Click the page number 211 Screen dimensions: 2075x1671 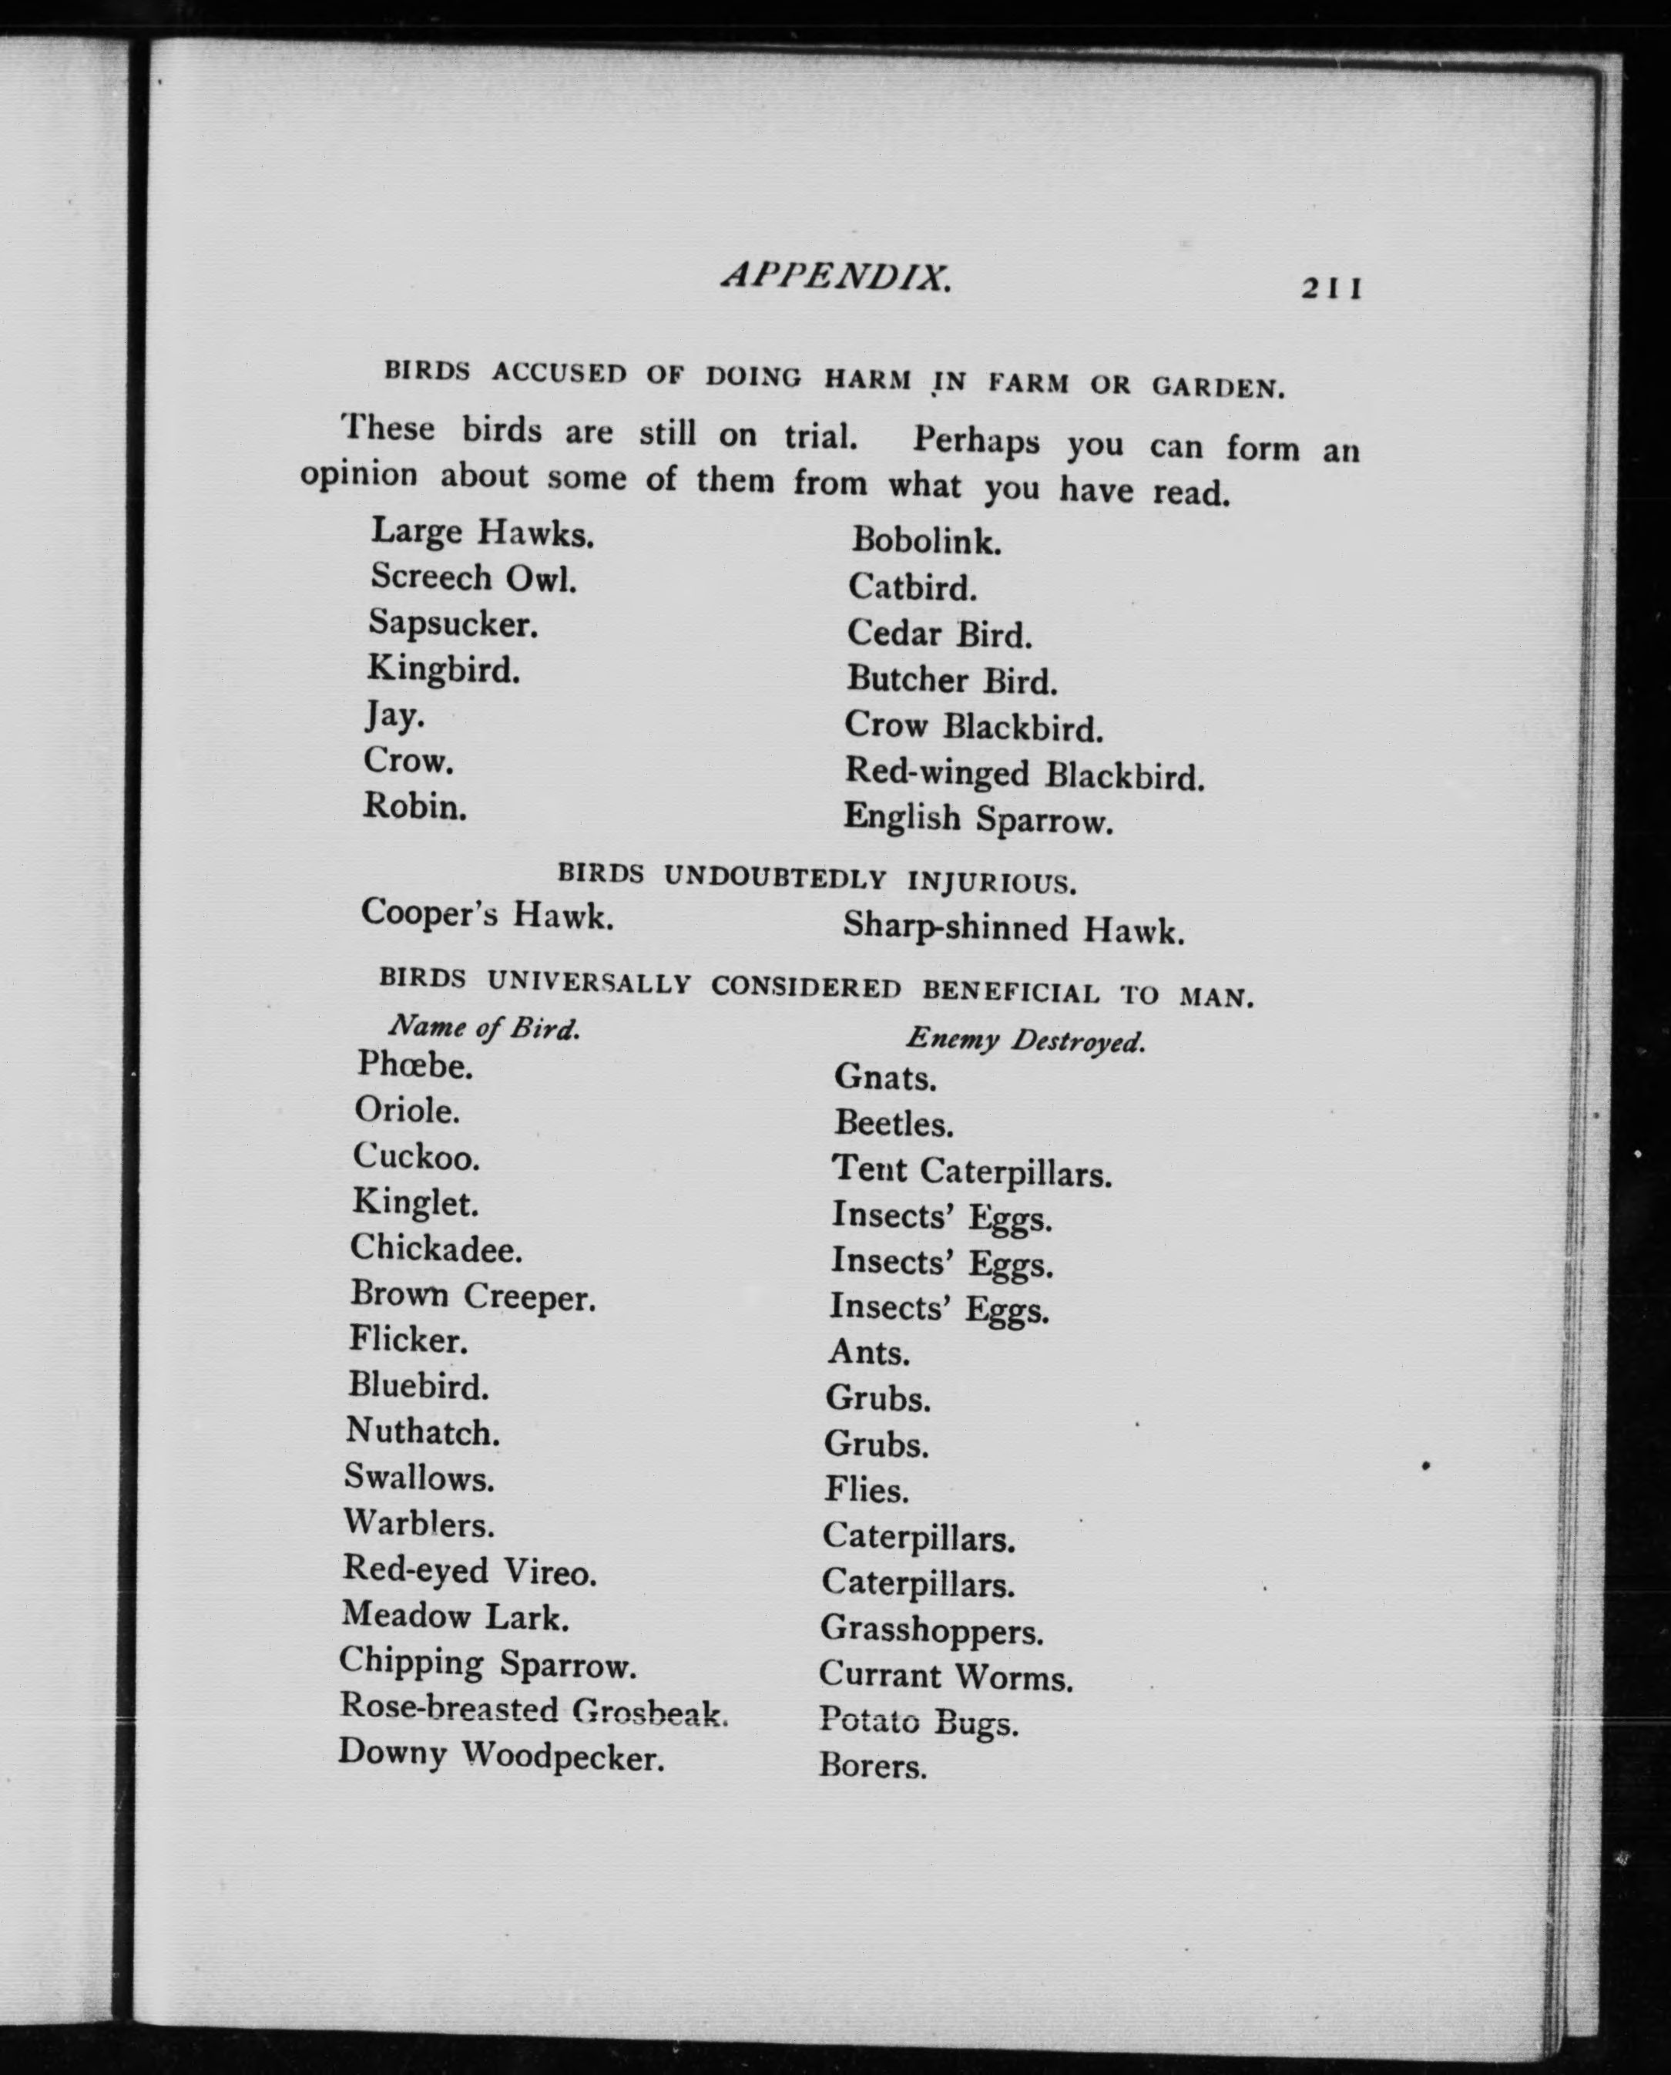coord(1331,288)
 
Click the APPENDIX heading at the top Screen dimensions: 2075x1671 coord(837,277)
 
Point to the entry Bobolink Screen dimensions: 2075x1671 coord(926,541)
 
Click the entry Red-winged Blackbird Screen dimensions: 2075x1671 coord(1024,773)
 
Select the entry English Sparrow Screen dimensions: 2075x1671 coord(978,819)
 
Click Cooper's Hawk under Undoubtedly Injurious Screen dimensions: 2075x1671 coord(487,913)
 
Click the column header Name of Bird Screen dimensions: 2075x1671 coord(483,1028)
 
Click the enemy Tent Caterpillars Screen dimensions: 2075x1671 coord(971,1171)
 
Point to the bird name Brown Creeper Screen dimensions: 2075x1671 coord(472,1296)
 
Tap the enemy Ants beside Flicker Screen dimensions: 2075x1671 coord(868,1353)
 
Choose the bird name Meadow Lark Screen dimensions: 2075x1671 coord(455,1616)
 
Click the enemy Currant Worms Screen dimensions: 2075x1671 coord(946,1676)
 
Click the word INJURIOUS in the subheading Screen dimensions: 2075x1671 coord(992,882)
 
